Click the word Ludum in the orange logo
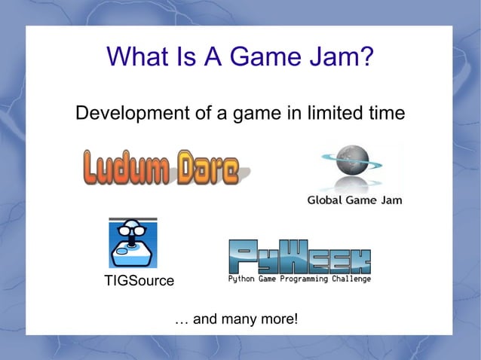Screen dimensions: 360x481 pos(127,169)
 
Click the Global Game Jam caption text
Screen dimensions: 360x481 pos(354,200)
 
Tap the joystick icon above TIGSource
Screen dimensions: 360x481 pos(133,243)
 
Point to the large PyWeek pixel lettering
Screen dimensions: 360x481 pos(299,257)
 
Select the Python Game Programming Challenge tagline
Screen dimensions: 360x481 pos(299,279)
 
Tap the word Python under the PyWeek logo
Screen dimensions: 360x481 pos(243,279)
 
